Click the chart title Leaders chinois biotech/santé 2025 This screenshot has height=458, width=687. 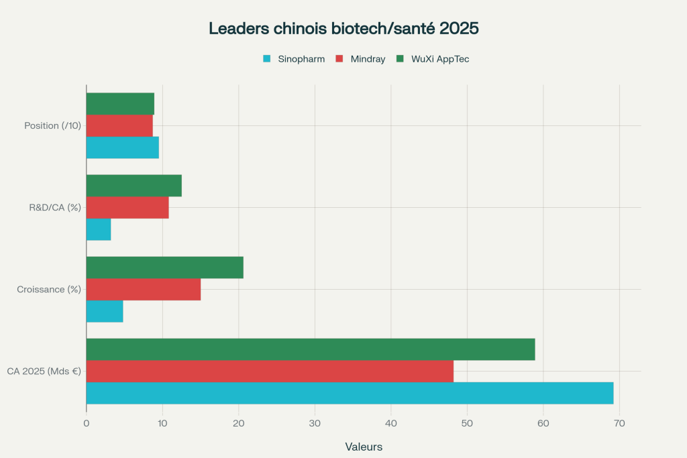[343, 29]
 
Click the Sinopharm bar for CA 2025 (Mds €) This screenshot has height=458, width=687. [350, 393]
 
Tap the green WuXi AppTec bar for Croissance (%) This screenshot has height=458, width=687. [164, 268]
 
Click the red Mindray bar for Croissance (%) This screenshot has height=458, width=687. [144, 290]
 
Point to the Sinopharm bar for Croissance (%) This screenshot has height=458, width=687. [105, 311]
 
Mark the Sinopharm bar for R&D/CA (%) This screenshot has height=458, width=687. [99, 229]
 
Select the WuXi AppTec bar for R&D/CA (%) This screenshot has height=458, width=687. [134, 186]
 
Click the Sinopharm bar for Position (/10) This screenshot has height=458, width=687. [123, 148]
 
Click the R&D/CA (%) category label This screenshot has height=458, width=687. [55, 208]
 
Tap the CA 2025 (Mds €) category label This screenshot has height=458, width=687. [44, 371]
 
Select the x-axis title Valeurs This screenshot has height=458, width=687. [364, 447]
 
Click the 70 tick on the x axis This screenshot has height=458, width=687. [619, 423]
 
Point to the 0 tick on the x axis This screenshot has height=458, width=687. [87, 423]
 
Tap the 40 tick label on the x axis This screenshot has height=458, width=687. [391, 423]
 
